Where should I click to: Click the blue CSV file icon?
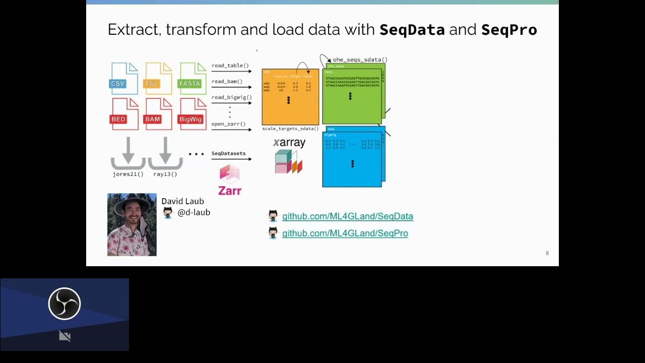click(x=124, y=79)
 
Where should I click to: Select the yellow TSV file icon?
click(x=158, y=79)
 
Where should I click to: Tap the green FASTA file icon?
click(x=193, y=79)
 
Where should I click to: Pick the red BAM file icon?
click(x=158, y=114)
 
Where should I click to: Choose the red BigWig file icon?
click(x=193, y=114)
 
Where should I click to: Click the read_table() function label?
click(x=230, y=66)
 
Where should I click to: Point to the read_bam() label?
click(x=227, y=81)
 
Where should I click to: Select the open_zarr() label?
click(x=228, y=124)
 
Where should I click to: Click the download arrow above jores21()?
click(x=128, y=153)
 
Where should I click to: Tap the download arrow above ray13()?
click(x=165, y=153)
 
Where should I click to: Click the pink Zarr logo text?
click(x=230, y=191)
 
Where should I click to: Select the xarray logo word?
click(x=289, y=143)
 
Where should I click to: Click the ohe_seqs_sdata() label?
click(x=360, y=59)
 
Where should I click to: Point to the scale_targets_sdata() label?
click(x=290, y=129)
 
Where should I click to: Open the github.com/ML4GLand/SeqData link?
click(x=347, y=216)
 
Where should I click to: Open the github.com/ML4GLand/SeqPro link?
click(x=345, y=233)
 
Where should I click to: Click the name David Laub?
click(x=182, y=201)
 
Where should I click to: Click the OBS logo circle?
click(x=64, y=304)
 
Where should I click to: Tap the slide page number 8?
click(x=547, y=253)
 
